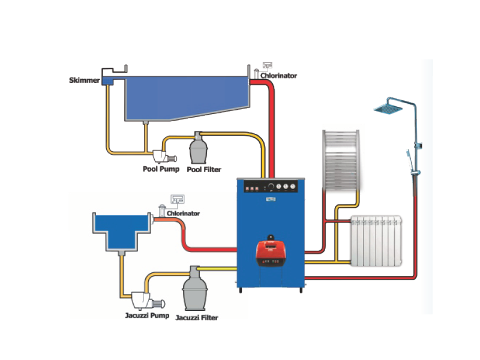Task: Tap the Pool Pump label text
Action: [160, 169]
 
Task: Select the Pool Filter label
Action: [204, 169]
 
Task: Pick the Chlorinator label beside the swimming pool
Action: [278, 76]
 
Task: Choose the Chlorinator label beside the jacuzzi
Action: [183, 213]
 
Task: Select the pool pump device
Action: [163, 155]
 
